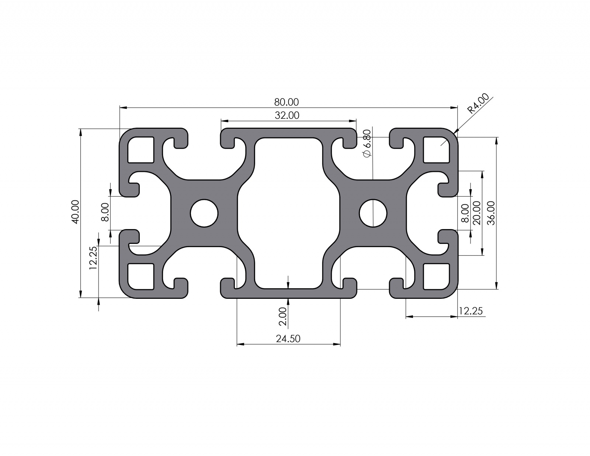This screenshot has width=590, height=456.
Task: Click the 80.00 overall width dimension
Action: click(x=287, y=102)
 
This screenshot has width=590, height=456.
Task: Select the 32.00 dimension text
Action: click(x=287, y=115)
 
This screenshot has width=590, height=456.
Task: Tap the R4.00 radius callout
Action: click(x=478, y=103)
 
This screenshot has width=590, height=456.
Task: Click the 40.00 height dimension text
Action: click(x=75, y=212)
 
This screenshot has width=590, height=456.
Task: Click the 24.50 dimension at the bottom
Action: click(x=288, y=338)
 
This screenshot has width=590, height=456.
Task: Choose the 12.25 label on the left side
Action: click(x=93, y=258)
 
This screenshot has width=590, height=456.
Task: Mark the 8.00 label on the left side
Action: click(x=105, y=212)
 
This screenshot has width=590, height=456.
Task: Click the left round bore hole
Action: click(x=204, y=213)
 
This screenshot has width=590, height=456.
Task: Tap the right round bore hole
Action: click(x=373, y=213)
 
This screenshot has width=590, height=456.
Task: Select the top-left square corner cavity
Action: click(x=140, y=149)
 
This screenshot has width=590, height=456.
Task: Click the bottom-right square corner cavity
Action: click(x=437, y=276)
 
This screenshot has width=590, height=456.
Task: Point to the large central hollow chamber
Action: click(x=288, y=213)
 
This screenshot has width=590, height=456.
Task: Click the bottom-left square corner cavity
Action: click(x=140, y=276)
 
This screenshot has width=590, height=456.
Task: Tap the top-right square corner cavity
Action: click(x=437, y=149)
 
